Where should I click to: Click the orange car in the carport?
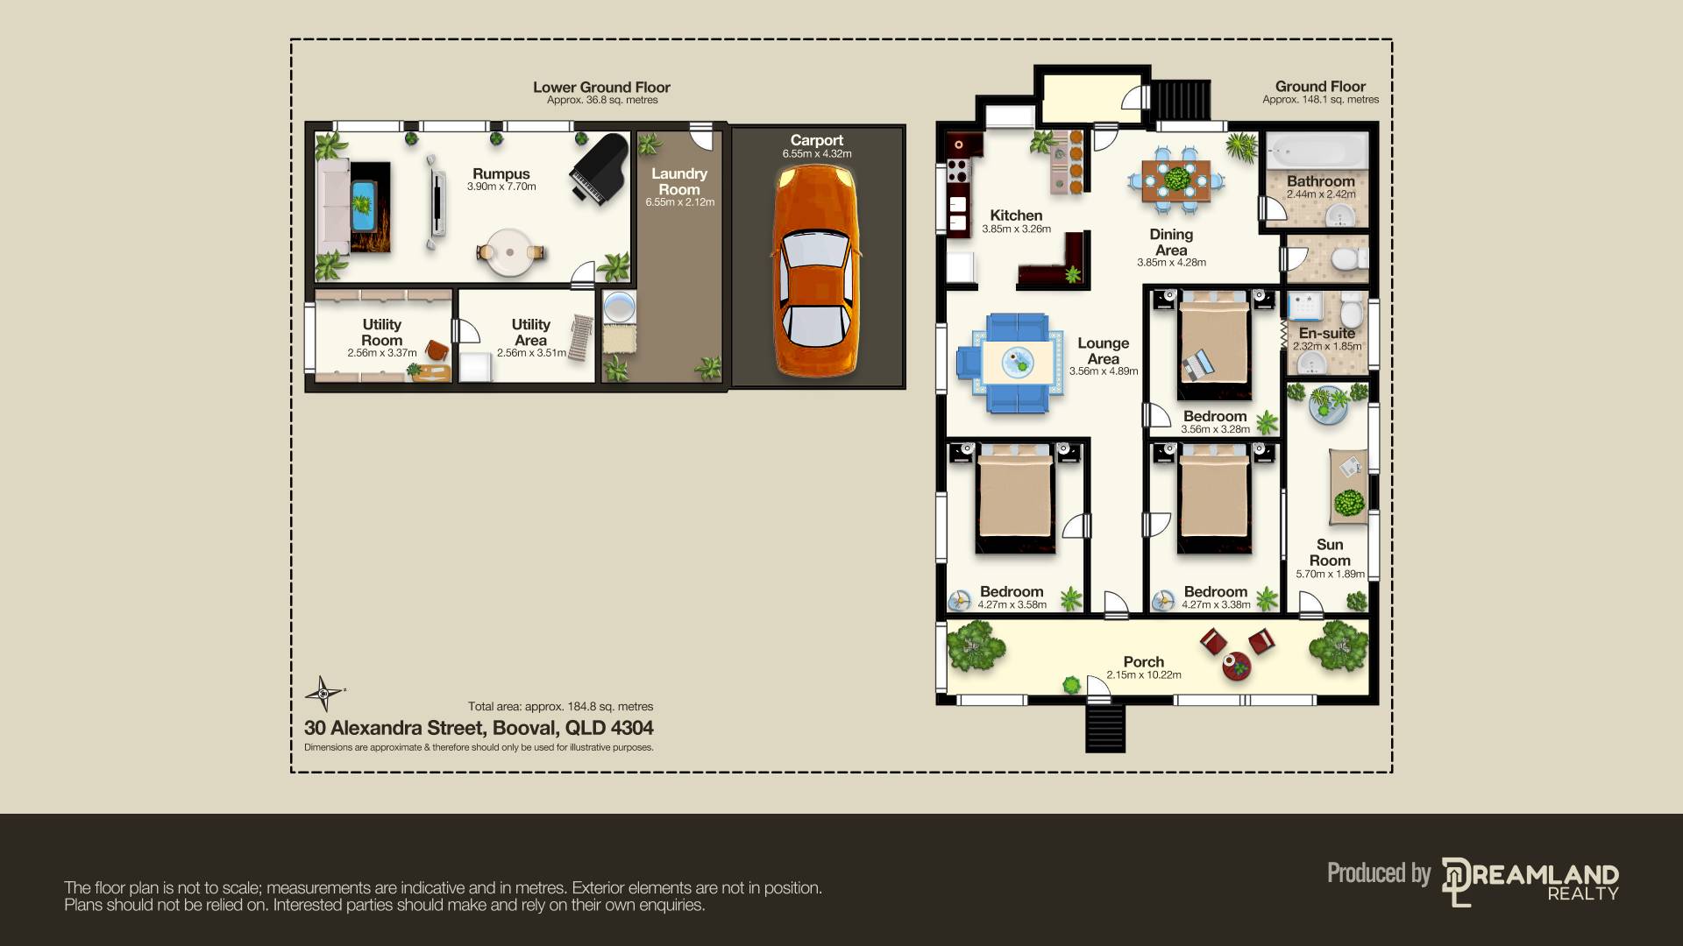pyautogui.click(x=815, y=272)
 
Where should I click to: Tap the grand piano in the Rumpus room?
pyautogui.click(x=599, y=169)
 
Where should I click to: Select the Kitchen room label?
pyautogui.click(x=1016, y=215)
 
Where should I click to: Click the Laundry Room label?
pyautogui.click(x=679, y=181)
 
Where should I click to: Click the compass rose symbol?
pyautogui.click(x=323, y=694)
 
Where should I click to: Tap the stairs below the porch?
pyautogui.click(x=1104, y=727)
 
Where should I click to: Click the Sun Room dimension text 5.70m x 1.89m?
pyautogui.click(x=1330, y=575)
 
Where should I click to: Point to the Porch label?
pyautogui.click(x=1143, y=662)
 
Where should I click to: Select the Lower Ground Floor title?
pyautogui.click(x=601, y=88)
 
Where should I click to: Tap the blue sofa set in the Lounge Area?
pyautogui.click(x=1016, y=363)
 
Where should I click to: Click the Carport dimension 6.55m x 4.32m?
pyautogui.click(x=817, y=154)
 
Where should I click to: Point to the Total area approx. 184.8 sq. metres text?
pyautogui.click(x=560, y=707)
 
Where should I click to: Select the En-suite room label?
pyautogui.click(x=1326, y=333)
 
